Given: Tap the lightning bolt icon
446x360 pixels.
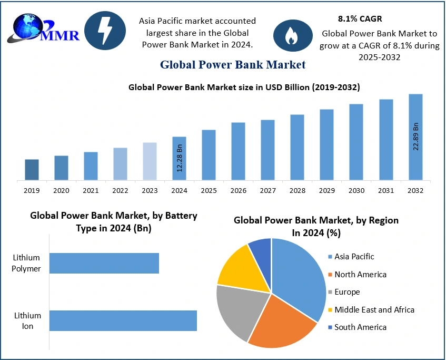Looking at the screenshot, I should click(x=105, y=31).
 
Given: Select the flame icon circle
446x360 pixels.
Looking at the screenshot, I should click(x=289, y=36).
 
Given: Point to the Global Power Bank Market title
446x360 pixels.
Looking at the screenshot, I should click(x=233, y=65).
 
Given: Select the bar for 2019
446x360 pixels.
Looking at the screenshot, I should click(x=32, y=170).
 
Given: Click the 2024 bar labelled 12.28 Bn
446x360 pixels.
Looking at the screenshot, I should click(x=179, y=158).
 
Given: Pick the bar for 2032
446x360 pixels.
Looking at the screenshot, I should click(x=415, y=137).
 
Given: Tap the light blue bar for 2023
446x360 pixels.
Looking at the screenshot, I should click(x=150, y=161).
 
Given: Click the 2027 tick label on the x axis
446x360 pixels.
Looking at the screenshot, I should click(x=267, y=190).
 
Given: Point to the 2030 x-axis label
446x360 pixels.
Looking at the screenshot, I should click(x=356, y=190).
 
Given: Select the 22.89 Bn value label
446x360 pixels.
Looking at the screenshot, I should click(x=415, y=136).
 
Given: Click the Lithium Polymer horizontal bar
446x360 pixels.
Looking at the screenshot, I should click(x=104, y=263).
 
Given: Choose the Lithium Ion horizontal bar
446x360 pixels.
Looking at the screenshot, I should click(x=123, y=320).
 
